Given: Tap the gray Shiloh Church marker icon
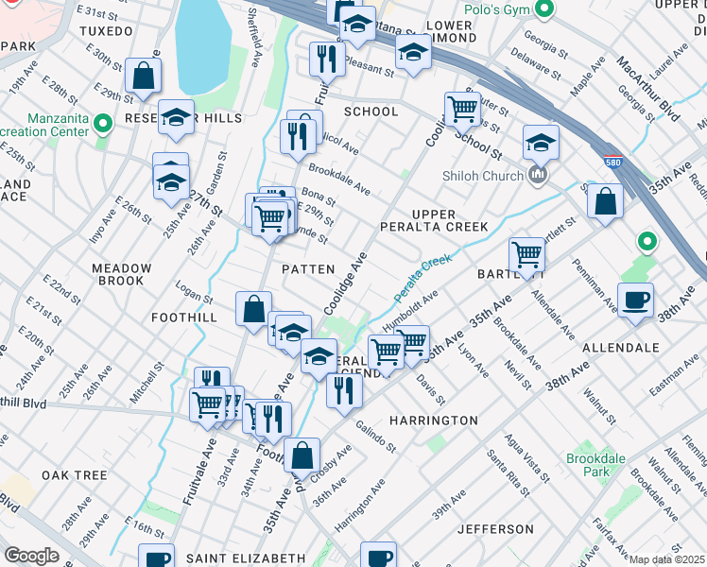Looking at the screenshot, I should click(539, 176).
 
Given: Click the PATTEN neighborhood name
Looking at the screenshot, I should click(308, 269).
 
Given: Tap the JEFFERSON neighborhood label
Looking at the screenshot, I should click(495, 529).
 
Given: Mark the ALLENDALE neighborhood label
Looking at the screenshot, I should click(620, 348).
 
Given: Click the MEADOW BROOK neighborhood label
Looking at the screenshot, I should click(118, 274).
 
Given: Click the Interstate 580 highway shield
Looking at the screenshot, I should click(612, 162).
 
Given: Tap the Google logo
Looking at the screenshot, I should click(31, 556).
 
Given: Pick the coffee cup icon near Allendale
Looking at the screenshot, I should click(635, 300).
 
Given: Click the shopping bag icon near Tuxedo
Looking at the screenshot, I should click(143, 79).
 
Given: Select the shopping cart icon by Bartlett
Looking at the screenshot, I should click(526, 254).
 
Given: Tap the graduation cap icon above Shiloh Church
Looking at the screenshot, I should click(540, 144).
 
